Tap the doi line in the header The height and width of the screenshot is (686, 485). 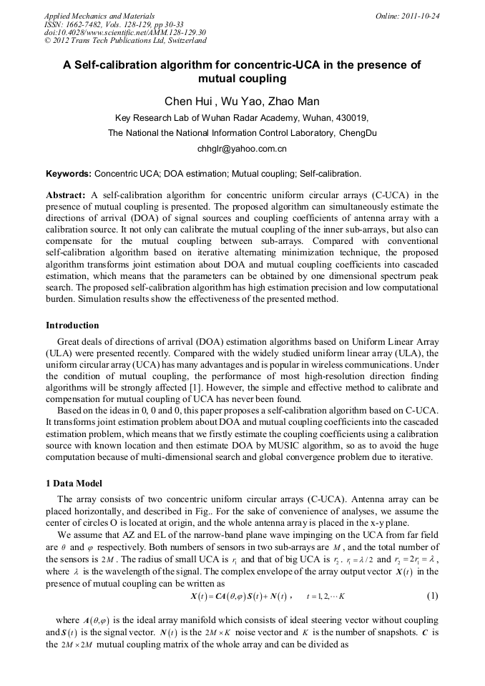[125, 33]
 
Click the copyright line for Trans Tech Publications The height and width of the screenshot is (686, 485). [125, 41]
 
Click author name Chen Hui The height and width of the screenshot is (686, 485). [188, 101]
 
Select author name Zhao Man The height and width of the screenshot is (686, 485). [295, 101]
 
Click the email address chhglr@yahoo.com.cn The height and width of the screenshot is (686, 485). [242, 149]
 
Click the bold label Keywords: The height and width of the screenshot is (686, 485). [68, 174]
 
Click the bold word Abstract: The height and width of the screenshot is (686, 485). [66, 195]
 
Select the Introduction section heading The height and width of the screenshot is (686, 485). [72, 325]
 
